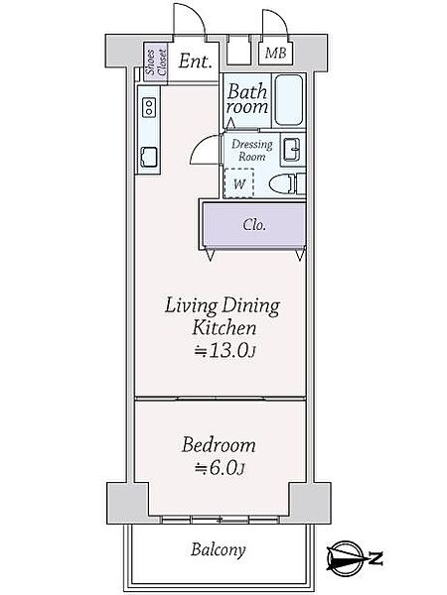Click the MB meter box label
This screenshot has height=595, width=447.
[x=275, y=53]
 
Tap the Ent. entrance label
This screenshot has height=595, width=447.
[x=195, y=61]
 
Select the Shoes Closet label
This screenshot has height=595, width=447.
[x=156, y=62]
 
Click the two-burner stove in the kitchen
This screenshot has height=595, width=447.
[x=149, y=107]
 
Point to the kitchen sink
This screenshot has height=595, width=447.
[x=149, y=157]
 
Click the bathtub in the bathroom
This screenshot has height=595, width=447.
[x=289, y=100]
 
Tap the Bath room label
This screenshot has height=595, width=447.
[x=247, y=99]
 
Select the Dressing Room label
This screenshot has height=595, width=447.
[x=252, y=151]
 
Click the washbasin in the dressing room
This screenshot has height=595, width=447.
[x=292, y=150]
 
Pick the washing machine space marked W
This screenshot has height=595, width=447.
[x=238, y=182]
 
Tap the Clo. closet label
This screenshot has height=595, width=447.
[x=254, y=225]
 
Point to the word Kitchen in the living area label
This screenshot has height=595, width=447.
[x=224, y=328]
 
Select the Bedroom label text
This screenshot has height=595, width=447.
[x=219, y=445]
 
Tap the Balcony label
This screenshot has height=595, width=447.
[x=219, y=549]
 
